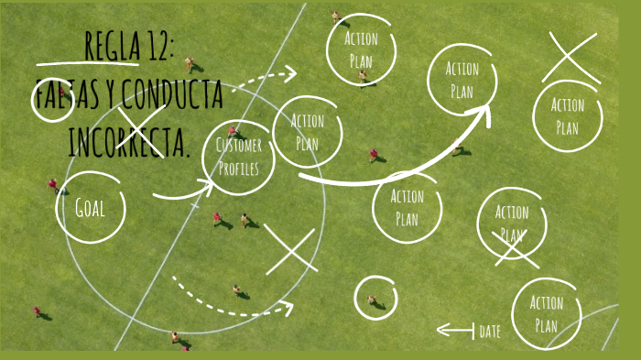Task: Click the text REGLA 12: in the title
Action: point(128,46)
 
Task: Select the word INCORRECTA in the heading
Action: point(128,142)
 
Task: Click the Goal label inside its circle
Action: point(91,207)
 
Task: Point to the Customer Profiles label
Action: point(239,157)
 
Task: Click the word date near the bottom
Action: point(490,332)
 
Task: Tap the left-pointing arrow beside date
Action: point(454,330)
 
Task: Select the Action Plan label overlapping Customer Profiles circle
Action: point(308,132)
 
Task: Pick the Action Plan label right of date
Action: point(547,313)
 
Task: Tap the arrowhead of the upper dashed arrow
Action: point(290,72)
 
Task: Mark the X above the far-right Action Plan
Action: point(570,57)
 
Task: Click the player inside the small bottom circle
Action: point(372,299)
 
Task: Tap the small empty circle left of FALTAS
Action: point(51,101)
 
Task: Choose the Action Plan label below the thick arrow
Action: point(407,207)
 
